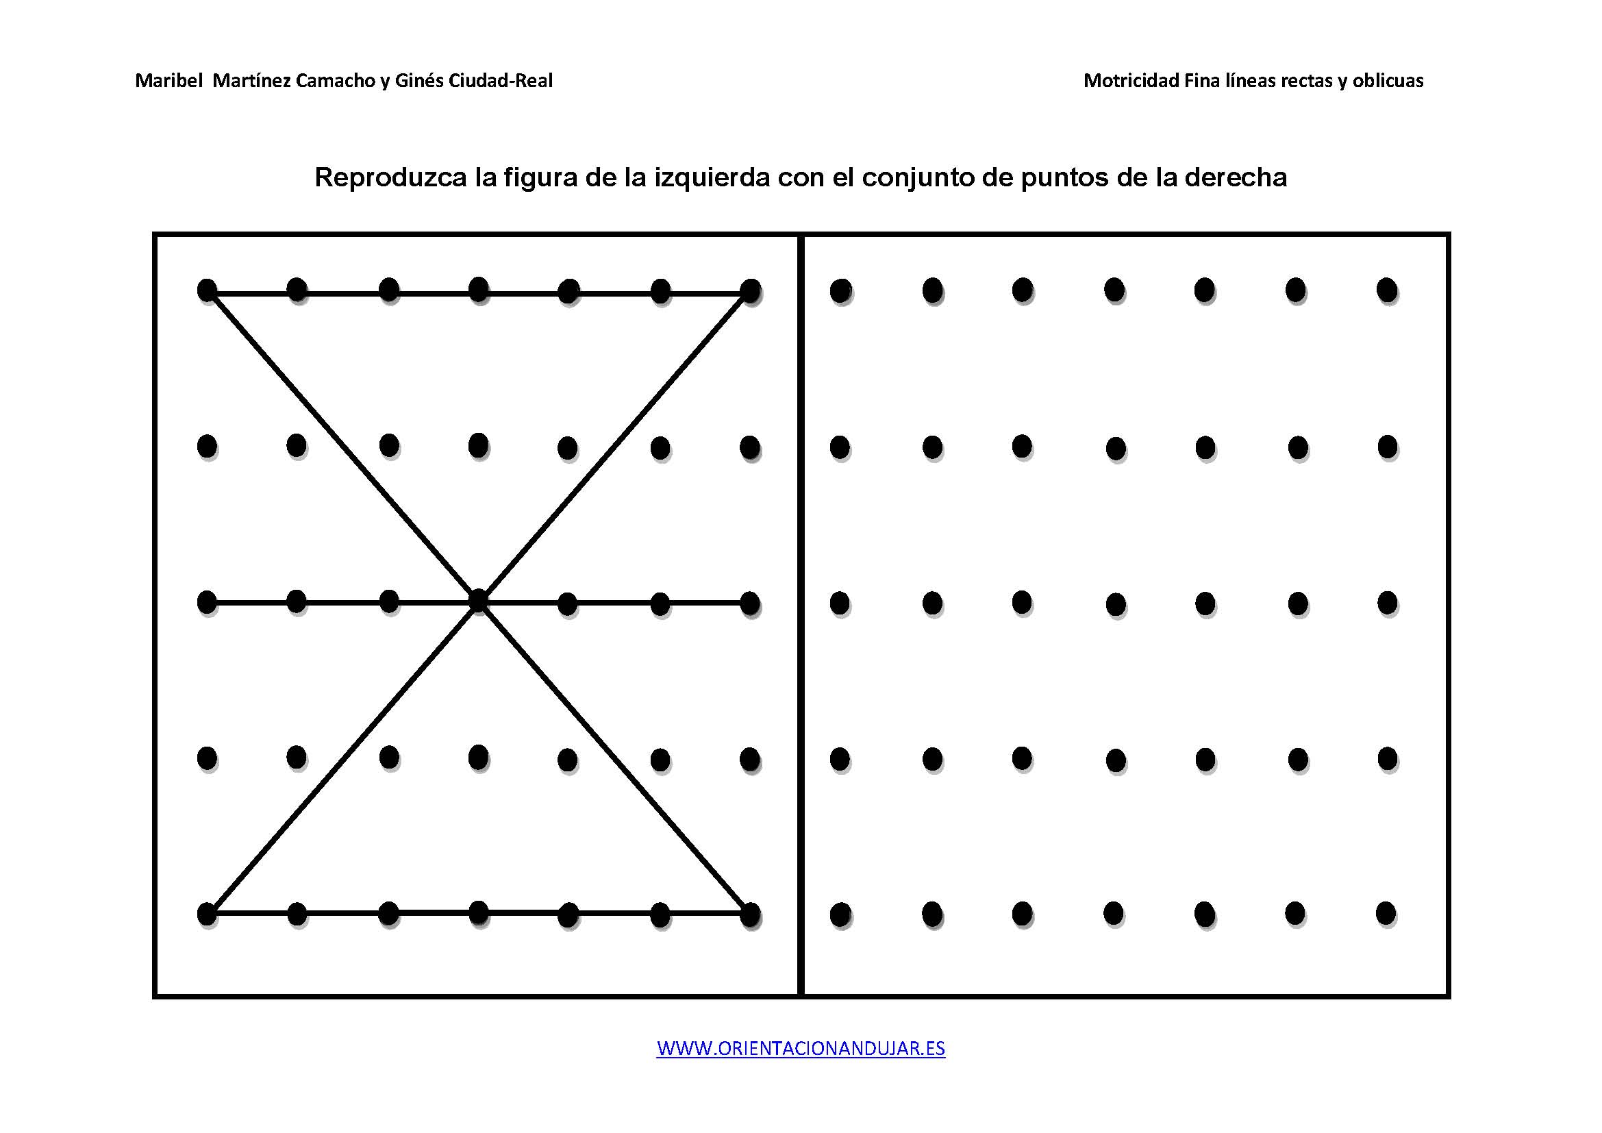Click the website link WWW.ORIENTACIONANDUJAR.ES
tap(800, 1049)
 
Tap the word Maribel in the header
tap(167, 81)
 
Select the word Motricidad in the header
tap(1131, 81)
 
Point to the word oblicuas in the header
tap(1388, 81)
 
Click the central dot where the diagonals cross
tap(478, 601)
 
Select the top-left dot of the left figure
tap(208, 290)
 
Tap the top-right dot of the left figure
tap(750, 291)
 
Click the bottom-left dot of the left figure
tap(208, 914)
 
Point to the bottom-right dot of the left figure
tap(750, 914)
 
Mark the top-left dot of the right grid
tap(841, 291)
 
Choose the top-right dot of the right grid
tap(1387, 290)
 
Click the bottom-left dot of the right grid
tap(841, 914)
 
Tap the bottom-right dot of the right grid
tap(1386, 913)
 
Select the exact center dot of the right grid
tap(1116, 604)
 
